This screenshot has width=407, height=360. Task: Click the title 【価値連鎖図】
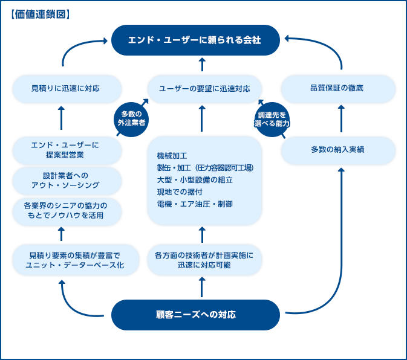[x=40, y=13]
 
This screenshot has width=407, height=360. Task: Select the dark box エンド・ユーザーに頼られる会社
[x=195, y=40]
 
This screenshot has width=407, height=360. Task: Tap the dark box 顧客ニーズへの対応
[x=195, y=314]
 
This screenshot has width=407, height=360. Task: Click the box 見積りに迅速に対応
[x=65, y=88]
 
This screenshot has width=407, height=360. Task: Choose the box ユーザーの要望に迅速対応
[x=204, y=88]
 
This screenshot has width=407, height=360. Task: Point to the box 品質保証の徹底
[x=339, y=88]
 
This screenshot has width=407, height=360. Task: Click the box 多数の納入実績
[x=339, y=149]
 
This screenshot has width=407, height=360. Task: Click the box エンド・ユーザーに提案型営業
[x=65, y=150]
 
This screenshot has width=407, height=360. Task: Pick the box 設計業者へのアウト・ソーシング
[x=65, y=180]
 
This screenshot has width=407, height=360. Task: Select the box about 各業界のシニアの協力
[x=65, y=210]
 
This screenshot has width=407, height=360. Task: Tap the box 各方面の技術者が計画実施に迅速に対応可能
[x=204, y=260]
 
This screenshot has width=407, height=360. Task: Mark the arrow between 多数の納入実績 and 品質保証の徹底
[x=341, y=119]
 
